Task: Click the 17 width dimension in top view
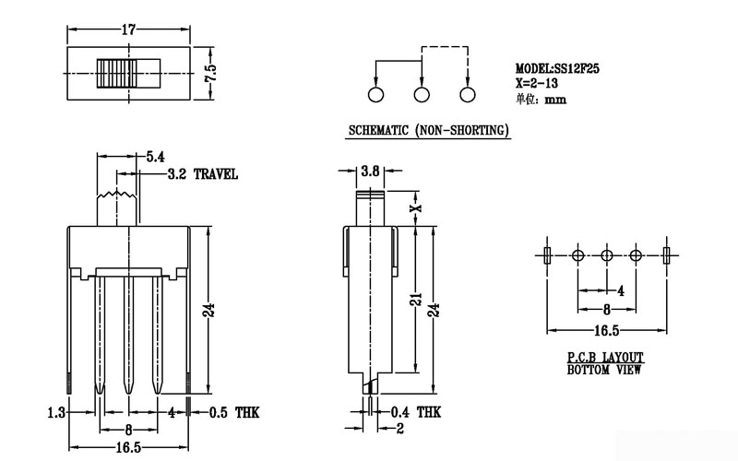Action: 127,30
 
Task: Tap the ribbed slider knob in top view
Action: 117,73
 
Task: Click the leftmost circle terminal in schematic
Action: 376,95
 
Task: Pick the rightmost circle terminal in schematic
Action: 467,95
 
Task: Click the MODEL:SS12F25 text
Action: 557,68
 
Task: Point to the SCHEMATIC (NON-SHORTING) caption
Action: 428,131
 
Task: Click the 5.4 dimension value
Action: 156,158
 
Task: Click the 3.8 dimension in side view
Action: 370,171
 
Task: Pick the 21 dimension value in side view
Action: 416,300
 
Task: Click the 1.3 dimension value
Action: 57,412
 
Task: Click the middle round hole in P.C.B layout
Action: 607,255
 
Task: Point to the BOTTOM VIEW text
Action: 605,370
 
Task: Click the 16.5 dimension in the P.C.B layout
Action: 605,330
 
